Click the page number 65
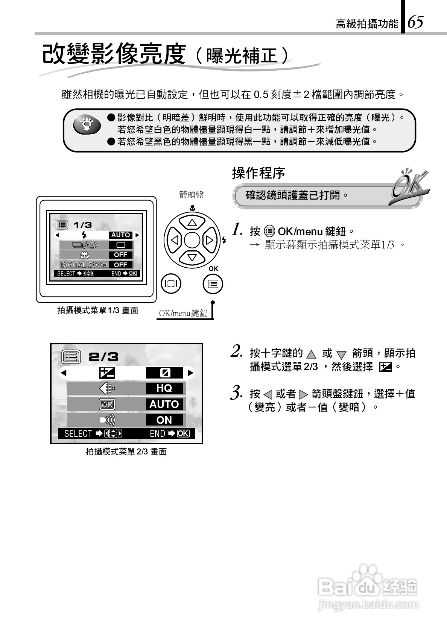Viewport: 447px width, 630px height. (415, 22)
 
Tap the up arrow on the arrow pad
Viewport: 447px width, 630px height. (192, 223)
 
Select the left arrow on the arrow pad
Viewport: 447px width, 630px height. (174, 240)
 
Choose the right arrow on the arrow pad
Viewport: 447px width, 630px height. (210, 240)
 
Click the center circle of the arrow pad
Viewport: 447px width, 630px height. (192, 240)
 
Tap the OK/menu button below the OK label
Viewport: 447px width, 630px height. (213, 284)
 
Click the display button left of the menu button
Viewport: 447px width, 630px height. (171, 284)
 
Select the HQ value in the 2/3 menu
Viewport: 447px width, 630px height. (164, 388)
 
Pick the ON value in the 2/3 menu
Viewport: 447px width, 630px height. (164, 420)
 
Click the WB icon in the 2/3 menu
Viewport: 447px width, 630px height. (107, 404)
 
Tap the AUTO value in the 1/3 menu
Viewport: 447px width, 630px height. (120, 235)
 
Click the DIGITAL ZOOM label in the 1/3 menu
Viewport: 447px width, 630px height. (84, 265)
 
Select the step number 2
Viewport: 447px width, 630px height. (236, 351)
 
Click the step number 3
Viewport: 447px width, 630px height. (236, 392)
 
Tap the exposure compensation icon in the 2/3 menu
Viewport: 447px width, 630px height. (107, 373)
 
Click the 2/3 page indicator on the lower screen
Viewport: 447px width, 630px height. (103, 357)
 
